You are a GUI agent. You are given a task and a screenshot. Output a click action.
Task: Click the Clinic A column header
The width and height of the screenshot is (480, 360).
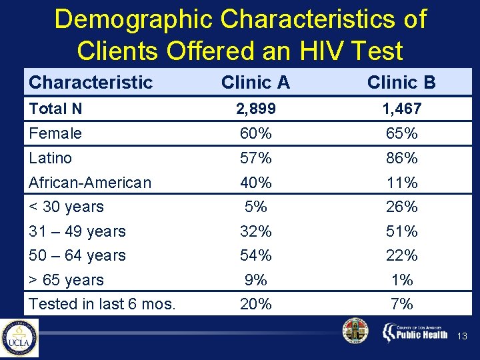(x=255, y=82)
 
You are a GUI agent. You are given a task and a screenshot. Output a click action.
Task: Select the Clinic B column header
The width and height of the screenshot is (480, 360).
(x=401, y=82)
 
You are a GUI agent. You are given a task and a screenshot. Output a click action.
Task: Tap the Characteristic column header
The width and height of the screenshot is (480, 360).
(x=91, y=82)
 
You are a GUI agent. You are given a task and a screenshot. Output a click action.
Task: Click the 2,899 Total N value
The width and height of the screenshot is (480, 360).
(x=255, y=109)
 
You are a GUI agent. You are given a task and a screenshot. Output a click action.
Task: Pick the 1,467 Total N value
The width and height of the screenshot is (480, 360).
(x=401, y=109)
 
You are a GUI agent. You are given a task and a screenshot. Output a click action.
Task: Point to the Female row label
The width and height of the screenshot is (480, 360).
(x=55, y=133)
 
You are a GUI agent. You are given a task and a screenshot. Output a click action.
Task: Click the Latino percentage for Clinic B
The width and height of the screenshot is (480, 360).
(x=401, y=158)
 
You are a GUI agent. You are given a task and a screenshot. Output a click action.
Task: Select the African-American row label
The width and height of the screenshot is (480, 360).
(x=90, y=183)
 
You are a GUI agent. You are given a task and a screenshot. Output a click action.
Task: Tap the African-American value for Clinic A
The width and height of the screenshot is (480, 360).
(x=255, y=183)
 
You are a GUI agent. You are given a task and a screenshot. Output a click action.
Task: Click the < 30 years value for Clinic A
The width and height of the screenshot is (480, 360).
(x=255, y=207)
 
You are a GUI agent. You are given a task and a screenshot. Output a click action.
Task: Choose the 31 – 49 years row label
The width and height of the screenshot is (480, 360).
(x=77, y=231)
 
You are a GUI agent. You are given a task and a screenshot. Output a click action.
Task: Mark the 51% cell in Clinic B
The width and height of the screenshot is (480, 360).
(x=401, y=231)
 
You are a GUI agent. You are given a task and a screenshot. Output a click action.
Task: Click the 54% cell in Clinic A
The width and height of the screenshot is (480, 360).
(x=255, y=255)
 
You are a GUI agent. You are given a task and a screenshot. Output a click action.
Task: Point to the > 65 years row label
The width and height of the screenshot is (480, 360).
(x=67, y=280)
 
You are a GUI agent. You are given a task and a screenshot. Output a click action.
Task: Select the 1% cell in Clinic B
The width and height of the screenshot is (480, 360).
(x=401, y=280)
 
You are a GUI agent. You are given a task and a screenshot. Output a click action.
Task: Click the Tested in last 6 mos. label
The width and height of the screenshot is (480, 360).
(x=102, y=304)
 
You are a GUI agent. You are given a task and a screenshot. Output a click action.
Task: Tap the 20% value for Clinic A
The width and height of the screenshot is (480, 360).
(x=255, y=304)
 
